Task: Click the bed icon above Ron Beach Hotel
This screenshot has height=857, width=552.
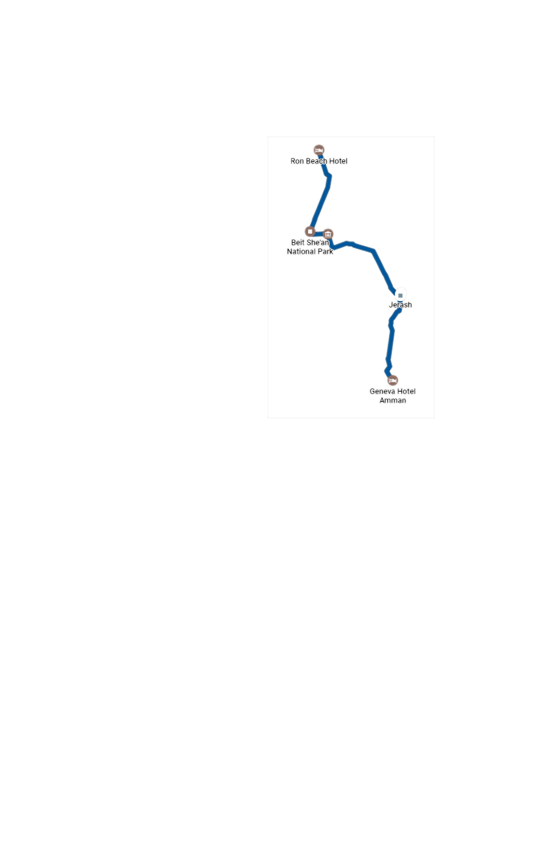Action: click(x=319, y=150)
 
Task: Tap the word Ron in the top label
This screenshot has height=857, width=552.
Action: click(x=297, y=161)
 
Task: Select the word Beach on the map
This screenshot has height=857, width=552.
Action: click(x=317, y=161)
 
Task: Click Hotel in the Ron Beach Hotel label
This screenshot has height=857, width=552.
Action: click(x=338, y=161)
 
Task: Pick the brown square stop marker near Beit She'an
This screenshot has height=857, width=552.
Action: click(x=310, y=232)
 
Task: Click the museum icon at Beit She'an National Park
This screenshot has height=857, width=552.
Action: click(x=328, y=234)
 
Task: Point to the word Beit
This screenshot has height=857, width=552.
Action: click(x=297, y=243)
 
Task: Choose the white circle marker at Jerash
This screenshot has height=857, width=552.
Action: click(x=400, y=295)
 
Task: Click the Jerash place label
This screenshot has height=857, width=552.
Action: click(x=400, y=305)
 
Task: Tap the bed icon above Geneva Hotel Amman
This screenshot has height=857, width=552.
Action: click(x=393, y=380)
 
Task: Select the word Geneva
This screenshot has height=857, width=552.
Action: click(x=382, y=391)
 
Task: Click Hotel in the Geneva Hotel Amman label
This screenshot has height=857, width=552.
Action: click(x=406, y=391)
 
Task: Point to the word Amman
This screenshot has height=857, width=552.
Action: click(x=393, y=401)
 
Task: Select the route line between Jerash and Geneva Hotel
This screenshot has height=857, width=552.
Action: click(x=391, y=341)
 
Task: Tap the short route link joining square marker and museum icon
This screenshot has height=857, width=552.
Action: click(x=319, y=234)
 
